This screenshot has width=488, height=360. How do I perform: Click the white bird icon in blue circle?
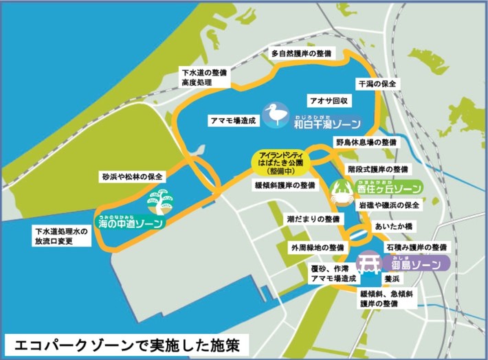[278, 115]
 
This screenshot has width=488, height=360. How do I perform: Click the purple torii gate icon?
[372, 260]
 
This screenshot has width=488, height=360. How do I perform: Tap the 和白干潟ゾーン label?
[327, 122]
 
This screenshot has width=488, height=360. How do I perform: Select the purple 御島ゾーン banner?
[415, 263]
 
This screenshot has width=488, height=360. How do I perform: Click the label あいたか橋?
[393, 225]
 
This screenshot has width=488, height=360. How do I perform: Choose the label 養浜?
[392, 279]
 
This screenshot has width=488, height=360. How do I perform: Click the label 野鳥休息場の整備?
[366, 142]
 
